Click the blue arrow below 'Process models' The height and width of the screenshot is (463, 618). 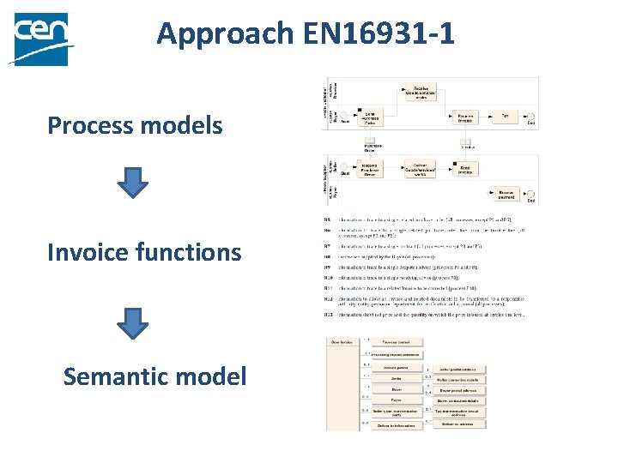coord(132,183)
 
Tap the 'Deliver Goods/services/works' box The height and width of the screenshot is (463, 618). coord(420,170)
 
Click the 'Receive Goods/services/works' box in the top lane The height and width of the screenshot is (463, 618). coord(421,93)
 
